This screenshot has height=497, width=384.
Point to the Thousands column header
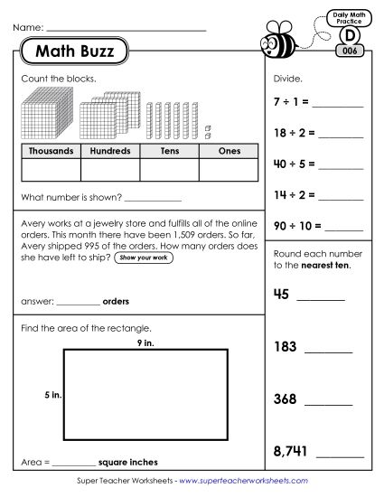tap(51, 151)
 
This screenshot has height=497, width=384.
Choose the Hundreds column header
tap(110, 151)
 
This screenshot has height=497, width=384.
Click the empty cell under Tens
tap(169, 170)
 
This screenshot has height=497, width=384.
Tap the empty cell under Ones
tap(229, 170)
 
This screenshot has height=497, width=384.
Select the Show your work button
tap(145, 258)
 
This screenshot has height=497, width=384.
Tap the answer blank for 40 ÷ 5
tap(341, 166)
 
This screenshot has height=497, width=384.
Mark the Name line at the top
tap(126, 29)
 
